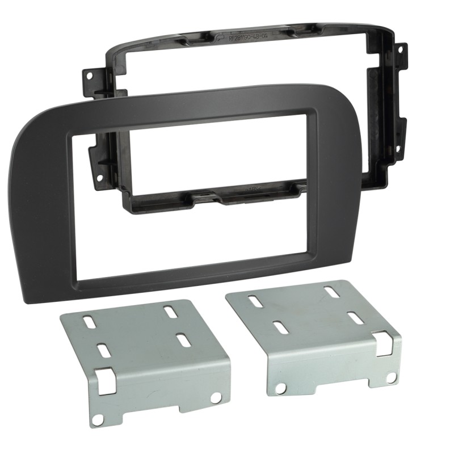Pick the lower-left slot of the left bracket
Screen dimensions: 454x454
(x=104, y=351)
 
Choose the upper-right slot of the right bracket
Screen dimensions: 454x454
(x=331, y=291)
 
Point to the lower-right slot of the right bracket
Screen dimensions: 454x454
(x=355, y=318)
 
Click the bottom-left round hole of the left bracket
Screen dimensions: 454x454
(x=98, y=419)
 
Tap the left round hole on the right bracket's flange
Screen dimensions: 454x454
(x=280, y=388)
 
